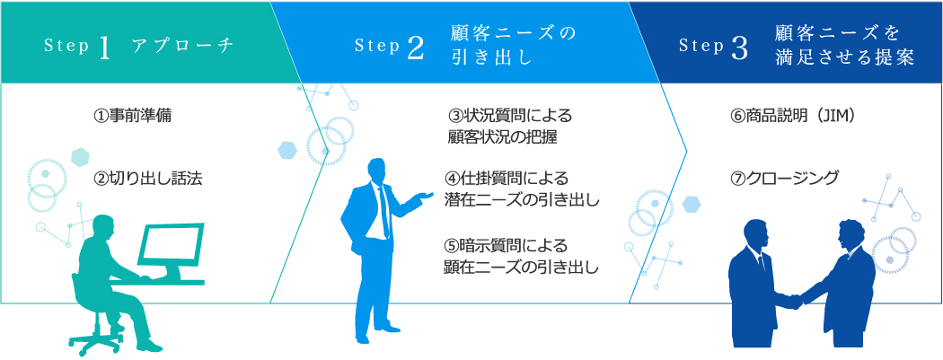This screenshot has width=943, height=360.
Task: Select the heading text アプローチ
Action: [x=182, y=48]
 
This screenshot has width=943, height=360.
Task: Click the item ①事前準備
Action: [x=132, y=116]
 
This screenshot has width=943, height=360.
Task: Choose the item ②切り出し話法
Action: [x=148, y=178]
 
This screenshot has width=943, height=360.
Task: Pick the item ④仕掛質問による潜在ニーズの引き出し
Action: [x=522, y=189]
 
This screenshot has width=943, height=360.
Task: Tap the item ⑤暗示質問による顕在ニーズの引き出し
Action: [x=522, y=256]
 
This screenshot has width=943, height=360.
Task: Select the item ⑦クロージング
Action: [x=783, y=178]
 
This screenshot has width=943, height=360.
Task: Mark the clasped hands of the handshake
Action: [x=793, y=300]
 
